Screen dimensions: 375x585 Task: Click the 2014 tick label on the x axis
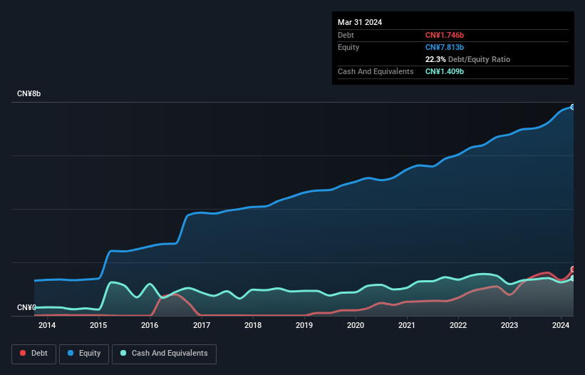click(x=47, y=326)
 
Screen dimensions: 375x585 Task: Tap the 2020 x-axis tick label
click(x=356, y=326)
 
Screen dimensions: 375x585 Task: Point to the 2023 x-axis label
click(x=509, y=326)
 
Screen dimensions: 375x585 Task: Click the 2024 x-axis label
click(x=561, y=326)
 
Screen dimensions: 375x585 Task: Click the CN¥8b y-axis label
click(x=29, y=94)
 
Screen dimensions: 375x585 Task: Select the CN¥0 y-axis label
click(x=26, y=308)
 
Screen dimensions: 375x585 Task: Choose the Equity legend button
click(x=85, y=353)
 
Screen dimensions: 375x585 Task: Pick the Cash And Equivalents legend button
click(x=164, y=353)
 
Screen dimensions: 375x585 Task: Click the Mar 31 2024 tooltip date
click(x=360, y=22)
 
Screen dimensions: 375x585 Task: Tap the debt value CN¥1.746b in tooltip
click(x=445, y=35)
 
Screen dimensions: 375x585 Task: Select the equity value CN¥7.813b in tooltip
click(x=445, y=47)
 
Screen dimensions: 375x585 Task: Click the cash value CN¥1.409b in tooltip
click(x=445, y=71)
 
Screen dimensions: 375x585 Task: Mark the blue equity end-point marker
click(x=573, y=107)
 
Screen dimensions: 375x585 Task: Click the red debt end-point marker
click(x=573, y=269)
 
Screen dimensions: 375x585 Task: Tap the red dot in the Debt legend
click(x=23, y=354)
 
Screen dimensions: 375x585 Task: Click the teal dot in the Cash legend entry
click(x=123, y=354)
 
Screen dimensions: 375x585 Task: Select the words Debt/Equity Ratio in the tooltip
click(x=479, y=59)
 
